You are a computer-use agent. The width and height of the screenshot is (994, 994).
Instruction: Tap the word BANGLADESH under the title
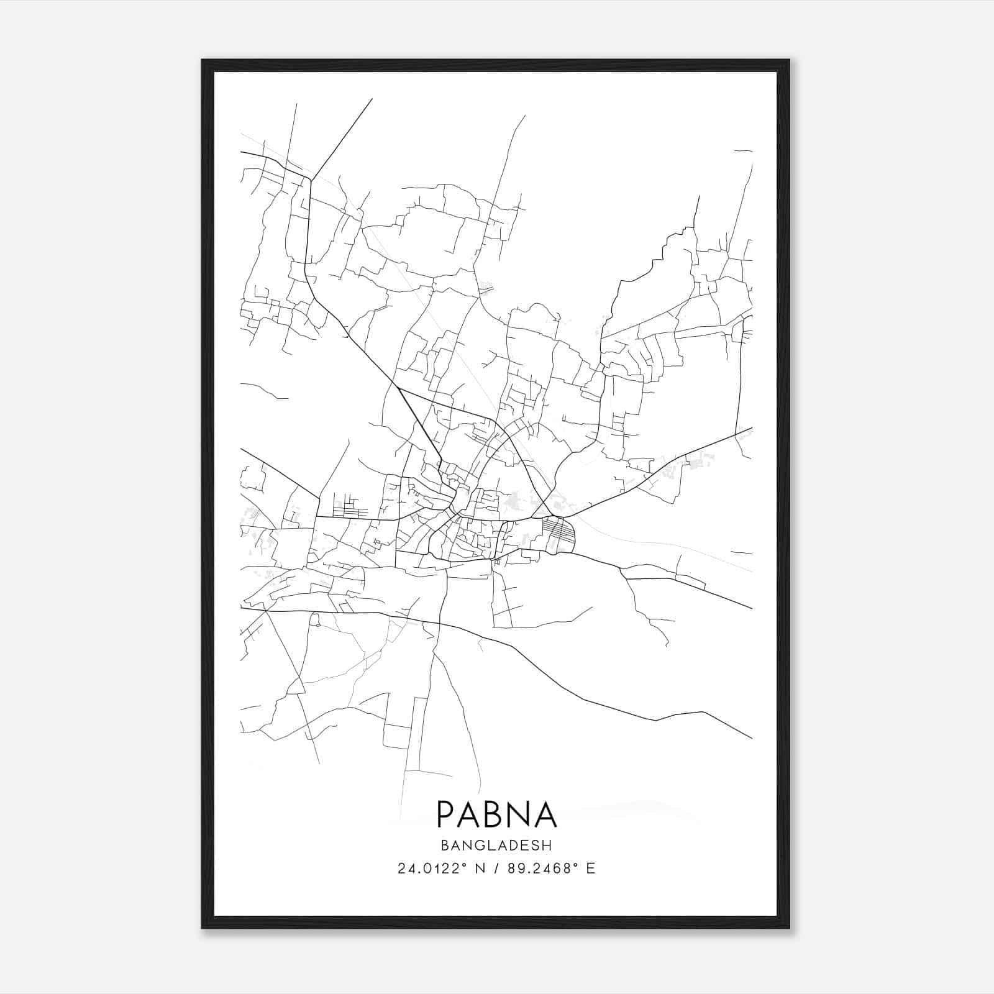click(496, 846)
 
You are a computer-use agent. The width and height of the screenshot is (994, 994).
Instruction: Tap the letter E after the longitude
click(590, 869)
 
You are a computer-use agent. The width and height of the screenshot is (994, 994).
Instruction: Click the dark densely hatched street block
click(557, 534)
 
